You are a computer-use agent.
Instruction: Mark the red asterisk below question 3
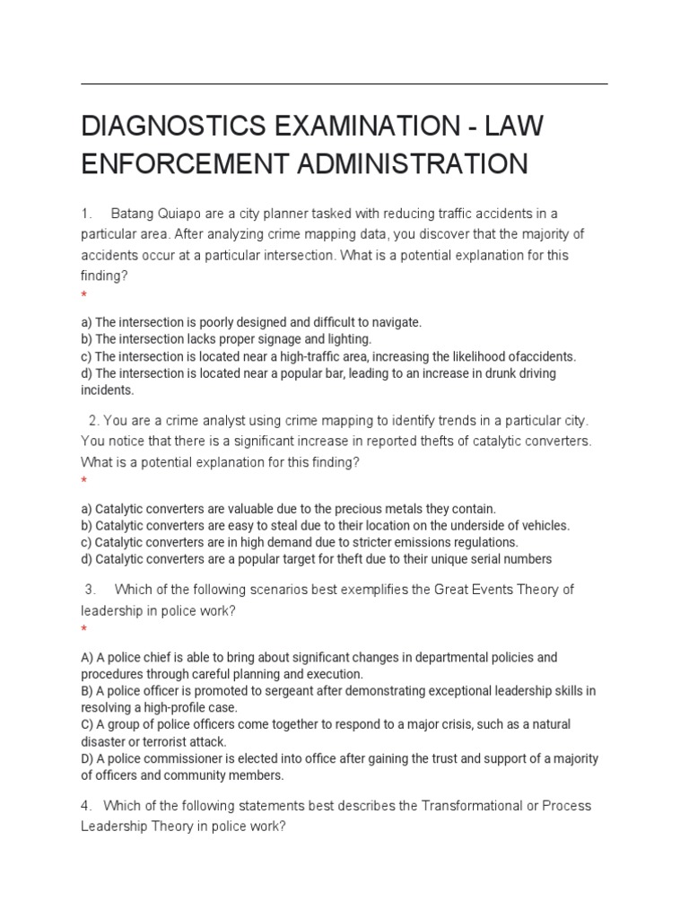tap(83, 630)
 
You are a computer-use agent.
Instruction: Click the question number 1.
tap(86, 214)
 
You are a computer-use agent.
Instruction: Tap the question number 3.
tap(90, 590)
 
